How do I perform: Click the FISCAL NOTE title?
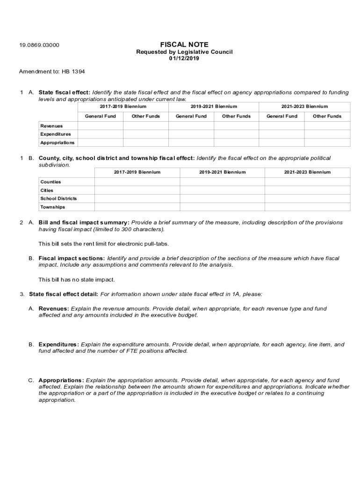pos(184,44)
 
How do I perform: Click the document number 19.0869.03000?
pos(39,45)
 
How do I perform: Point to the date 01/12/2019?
pos(184,58)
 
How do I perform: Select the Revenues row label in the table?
pos(51,126)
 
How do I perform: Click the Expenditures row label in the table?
pos(56,134)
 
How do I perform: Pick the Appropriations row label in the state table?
pos(57,143)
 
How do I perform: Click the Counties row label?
pos(50,182)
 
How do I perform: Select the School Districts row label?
pos(58,199)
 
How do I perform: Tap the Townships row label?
pos(52,207)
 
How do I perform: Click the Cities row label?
pos(47,190)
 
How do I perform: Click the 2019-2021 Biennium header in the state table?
pos(214,107)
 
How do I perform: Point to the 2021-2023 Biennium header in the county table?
pos(307,172)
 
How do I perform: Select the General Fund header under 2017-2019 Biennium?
pos(100,116)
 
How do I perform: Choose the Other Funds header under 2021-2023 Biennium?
pos(327,116)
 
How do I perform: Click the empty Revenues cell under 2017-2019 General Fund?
pos(100,126)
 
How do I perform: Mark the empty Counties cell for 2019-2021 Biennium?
pos(222,182)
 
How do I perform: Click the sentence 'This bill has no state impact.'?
pos(77,280)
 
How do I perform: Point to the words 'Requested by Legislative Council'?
pos(184,52)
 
